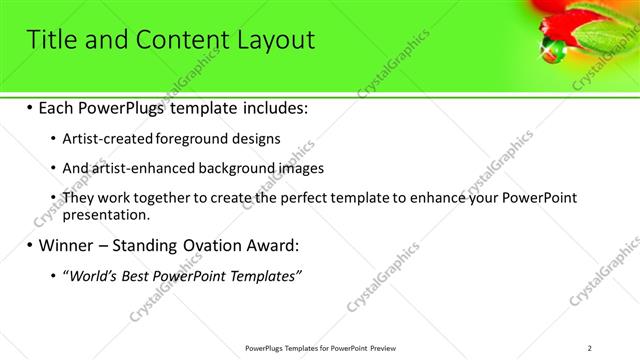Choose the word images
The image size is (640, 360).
click(305, 168)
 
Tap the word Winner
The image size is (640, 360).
click(64, 244)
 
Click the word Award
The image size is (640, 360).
click(268, 244)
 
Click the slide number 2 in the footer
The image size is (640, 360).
click(589, 347)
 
